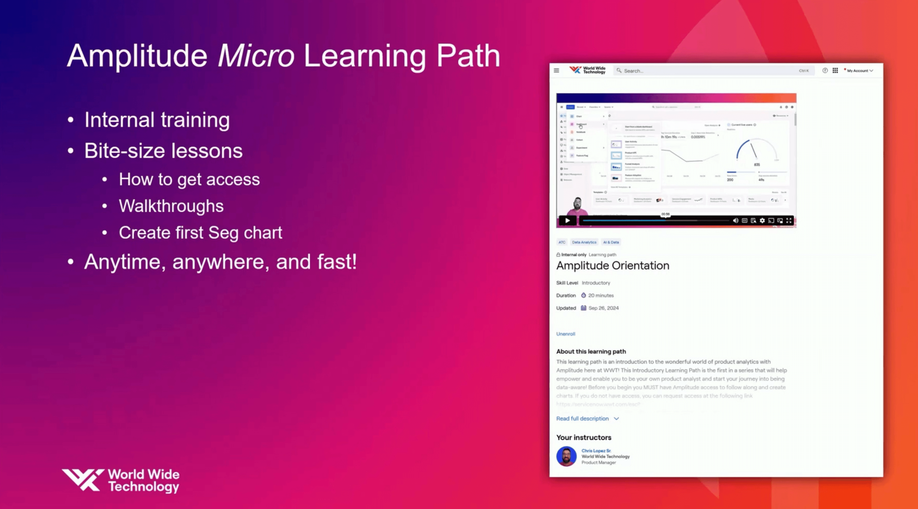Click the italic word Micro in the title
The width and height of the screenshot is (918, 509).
pos(256,56)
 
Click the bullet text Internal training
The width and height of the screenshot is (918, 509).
pos(157,120)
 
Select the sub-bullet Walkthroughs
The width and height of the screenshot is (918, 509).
pos(171,206)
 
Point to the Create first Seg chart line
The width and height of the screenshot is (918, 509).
pos(200,233)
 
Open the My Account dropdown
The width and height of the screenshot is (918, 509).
pos(860,71)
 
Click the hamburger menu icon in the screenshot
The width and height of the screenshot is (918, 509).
pos(556,71)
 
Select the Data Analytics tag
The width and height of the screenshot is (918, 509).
pos(584,242)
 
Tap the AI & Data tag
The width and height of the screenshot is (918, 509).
pos(611,242)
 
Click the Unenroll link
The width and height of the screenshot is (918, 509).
pos(566,334)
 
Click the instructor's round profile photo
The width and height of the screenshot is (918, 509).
pos(566,456)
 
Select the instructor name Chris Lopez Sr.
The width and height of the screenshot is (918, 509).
pos(596,451)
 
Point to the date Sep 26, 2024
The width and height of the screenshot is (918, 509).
pos(603,308)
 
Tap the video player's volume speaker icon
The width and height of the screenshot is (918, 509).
pos(735,221)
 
